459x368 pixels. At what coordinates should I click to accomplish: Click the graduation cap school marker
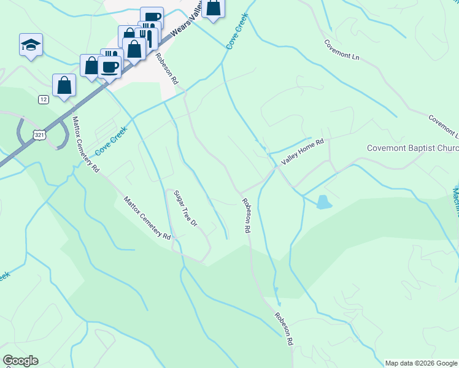(31, 45)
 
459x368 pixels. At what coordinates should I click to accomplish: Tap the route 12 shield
(43, 99)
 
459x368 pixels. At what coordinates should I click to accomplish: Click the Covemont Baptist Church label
(412, 148)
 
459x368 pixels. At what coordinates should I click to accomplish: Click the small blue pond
(322, 202)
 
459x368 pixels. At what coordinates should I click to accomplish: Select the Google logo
(20, 361)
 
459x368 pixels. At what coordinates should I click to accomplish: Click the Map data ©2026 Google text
(421, 363)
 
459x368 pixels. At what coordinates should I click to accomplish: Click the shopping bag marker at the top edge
(214, 7)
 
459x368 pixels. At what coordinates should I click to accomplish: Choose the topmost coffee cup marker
(152, 18)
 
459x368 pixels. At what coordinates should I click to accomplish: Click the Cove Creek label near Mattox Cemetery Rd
(110, 140)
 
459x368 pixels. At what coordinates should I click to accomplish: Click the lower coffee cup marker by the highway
(109, 67)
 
